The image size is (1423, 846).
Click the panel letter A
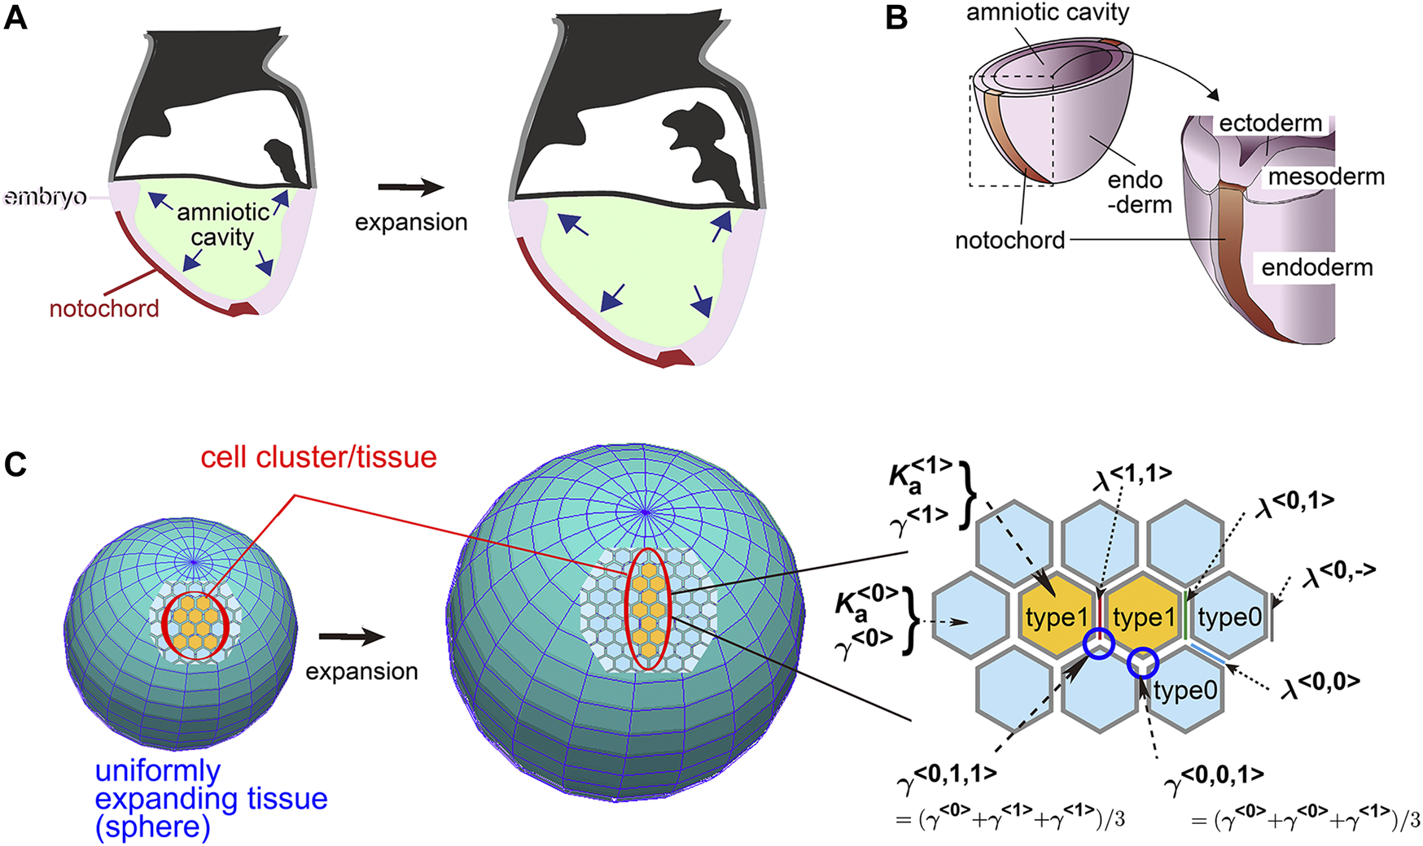tap(15, 17)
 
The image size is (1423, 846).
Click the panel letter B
tap(896, 17)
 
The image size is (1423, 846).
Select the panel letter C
tap(15, 464)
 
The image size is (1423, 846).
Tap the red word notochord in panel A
tap(104, 309)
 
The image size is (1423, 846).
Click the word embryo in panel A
tap(46, 198)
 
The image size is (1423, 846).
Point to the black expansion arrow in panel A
tap(411, 189)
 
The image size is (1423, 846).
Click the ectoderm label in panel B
tap(1270, 124)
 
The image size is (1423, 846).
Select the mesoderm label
tap(1326, 177)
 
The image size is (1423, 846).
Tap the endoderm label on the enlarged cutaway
tap(1317, 268)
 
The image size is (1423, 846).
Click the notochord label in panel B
tap(1009, 240)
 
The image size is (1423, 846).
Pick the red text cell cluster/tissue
tap(318, 457)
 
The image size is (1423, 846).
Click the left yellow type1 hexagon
tap(1056, 618)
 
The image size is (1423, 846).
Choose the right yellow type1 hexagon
tap(1144, 618)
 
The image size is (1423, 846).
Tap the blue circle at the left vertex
tap(1098, 644)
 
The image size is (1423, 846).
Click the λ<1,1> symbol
tap(1132, 477)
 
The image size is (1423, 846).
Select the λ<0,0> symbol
tap(1319, 684)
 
